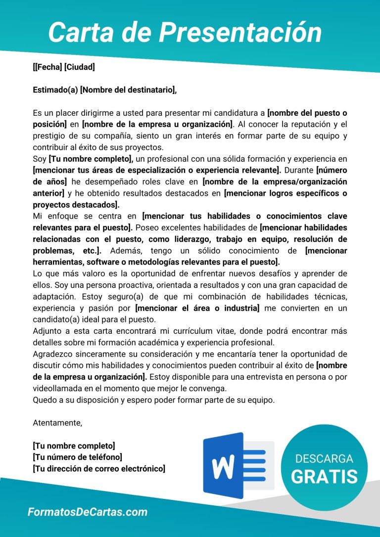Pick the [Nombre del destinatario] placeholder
[x=128, y=89]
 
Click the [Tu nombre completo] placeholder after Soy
[x=91, y=159]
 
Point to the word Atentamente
[x=57, y=423]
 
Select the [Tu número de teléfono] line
[x=77, y=457]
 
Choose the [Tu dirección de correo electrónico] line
[x=98, y=468]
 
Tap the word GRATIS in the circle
[x=324, y=476]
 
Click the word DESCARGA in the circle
[x=324, y=458]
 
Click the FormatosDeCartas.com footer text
[x=87, y=512]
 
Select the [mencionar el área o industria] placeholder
[x=197, y=308]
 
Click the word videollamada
[x=56, y=388]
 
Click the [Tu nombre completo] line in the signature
[x=74, y=446]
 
